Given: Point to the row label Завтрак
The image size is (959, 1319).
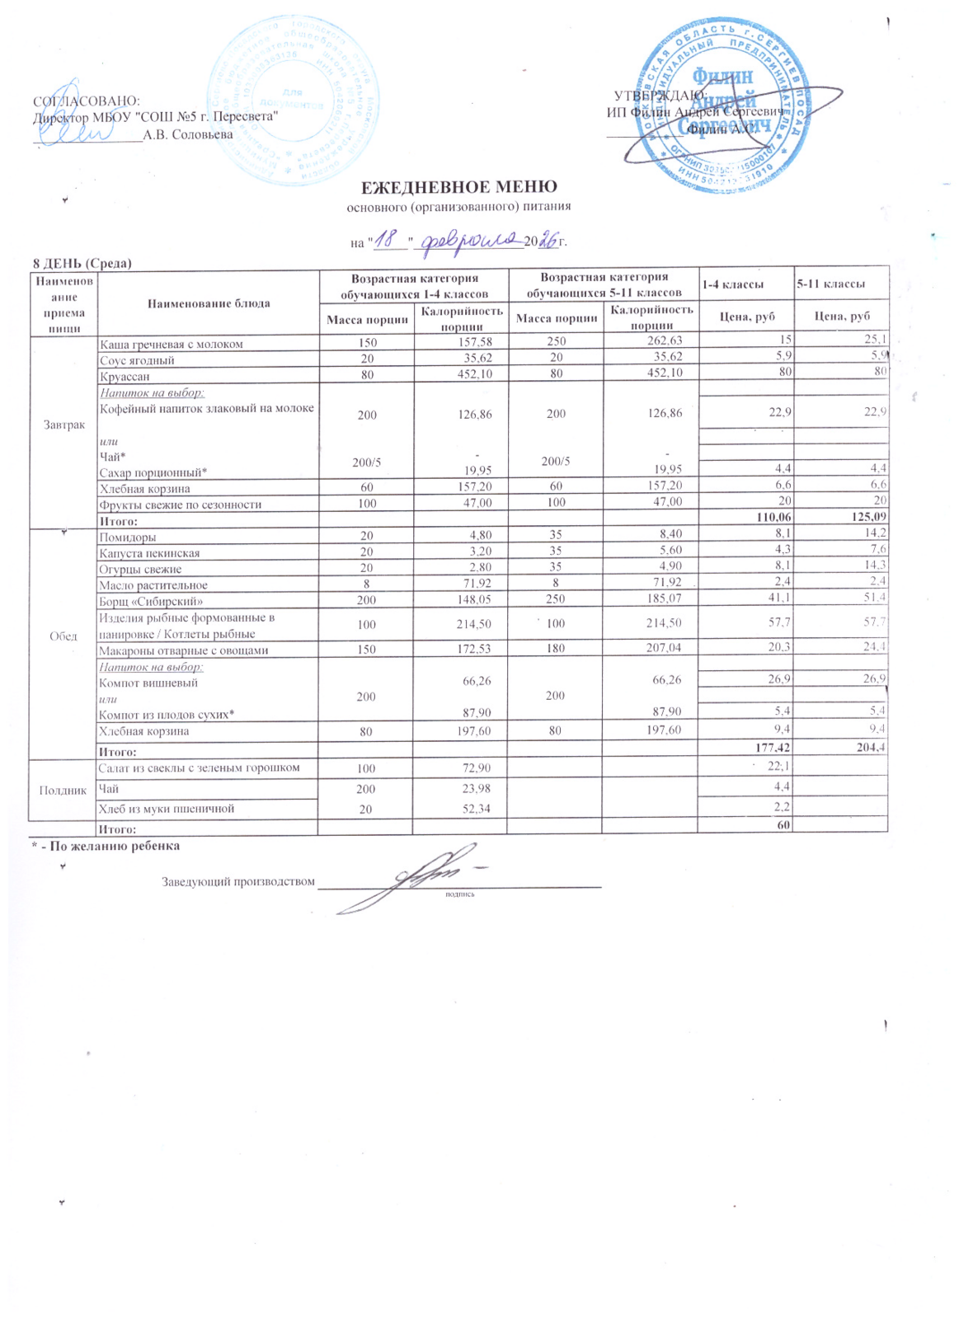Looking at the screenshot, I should coord(63,425).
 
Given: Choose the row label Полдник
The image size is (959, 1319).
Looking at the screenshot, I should coord(63,790).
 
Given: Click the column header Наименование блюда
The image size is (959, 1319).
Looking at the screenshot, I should coord(208,303).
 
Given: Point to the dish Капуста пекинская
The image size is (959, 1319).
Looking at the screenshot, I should coord(149,553).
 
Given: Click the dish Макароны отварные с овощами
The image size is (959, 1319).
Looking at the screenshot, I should coord(183,650).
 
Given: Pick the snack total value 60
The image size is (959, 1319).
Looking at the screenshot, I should coord(784,828).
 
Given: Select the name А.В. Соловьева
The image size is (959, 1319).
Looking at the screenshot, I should coord(188,134).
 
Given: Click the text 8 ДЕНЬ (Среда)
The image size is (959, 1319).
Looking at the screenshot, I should coord(82,263).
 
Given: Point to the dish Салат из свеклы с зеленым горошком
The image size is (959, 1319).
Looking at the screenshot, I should coord(199,767).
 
